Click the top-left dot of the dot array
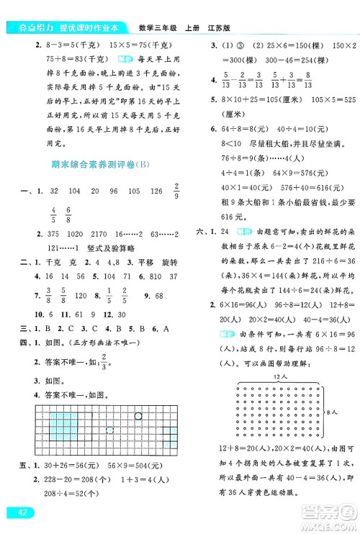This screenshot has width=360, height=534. [x=238, y=386]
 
